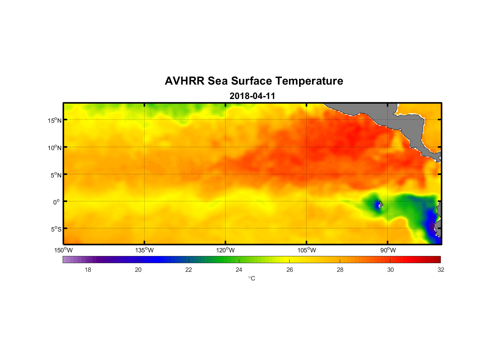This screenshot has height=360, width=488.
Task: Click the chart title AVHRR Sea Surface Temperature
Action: click(254, 81)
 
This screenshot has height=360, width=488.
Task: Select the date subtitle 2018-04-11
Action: click(252, 96)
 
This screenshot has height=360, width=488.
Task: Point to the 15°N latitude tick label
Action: click(55, 120)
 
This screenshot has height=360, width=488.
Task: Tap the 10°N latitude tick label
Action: click(55, 148)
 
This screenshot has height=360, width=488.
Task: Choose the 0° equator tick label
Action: click(57, 202)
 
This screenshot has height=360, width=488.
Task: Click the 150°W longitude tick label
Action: click(63, 250)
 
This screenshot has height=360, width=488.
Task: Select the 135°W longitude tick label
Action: click(144, 250)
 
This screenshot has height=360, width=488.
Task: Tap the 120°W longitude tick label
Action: click(225, 250)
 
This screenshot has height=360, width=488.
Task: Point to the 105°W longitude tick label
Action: click(307, 250)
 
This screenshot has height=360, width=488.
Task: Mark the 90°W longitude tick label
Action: click(388, 250)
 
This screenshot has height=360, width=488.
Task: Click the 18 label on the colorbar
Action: click(88, 270)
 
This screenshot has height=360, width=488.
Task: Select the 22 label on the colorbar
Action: click(189, 270)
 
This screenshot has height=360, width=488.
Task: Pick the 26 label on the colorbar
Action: click(290, 270)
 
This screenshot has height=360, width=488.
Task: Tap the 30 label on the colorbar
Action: click(390, 270)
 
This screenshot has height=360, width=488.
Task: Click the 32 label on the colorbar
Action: click(441, 270)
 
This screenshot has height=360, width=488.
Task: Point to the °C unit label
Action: click(252, 278)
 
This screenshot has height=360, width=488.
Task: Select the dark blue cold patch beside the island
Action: click(377, 205)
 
